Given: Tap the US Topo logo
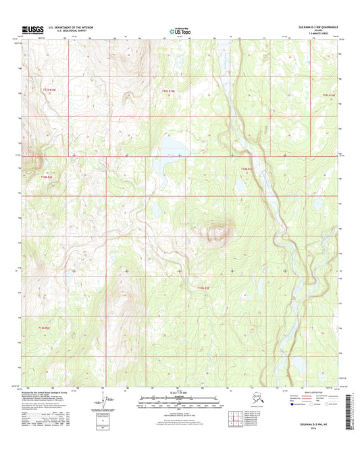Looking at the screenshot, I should tap(175, 30).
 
